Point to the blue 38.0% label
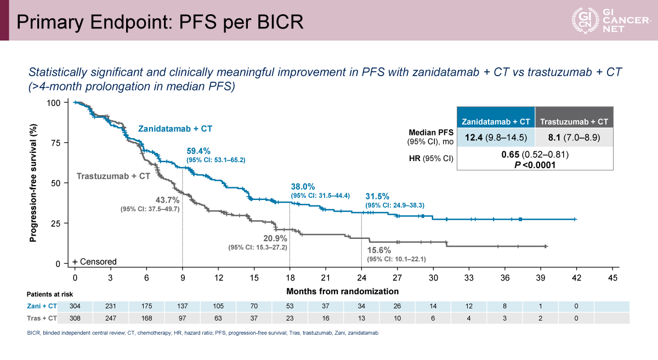(303, 186)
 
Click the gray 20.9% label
(273, 238)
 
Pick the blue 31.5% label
(377, 196)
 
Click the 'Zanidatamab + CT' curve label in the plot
(175, 129)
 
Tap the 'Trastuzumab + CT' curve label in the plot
(113, 176)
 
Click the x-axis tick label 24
(361, 278)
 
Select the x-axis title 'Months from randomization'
(342, 291)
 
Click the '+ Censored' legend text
(94, 261)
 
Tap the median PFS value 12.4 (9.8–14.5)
(496, 138)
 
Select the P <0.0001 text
(535, 164)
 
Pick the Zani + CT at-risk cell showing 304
(75, 306)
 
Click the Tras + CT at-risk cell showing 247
(111, 318)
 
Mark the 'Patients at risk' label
(50, 294)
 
